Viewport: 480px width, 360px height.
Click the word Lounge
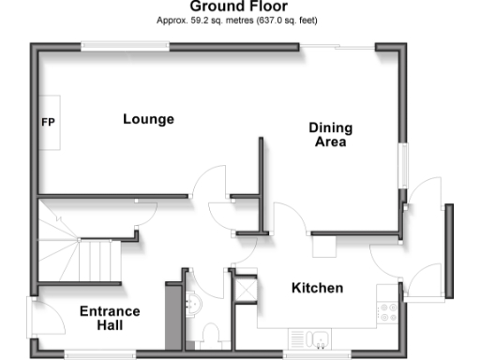point(148,119)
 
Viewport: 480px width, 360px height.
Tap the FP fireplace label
point(47,122)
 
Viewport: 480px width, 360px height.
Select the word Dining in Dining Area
point(330,130)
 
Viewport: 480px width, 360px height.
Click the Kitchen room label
point(316,288)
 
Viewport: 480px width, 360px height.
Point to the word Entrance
point(109,311)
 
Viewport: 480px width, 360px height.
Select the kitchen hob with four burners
point(388,312)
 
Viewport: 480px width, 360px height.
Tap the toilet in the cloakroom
point(210,335)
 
